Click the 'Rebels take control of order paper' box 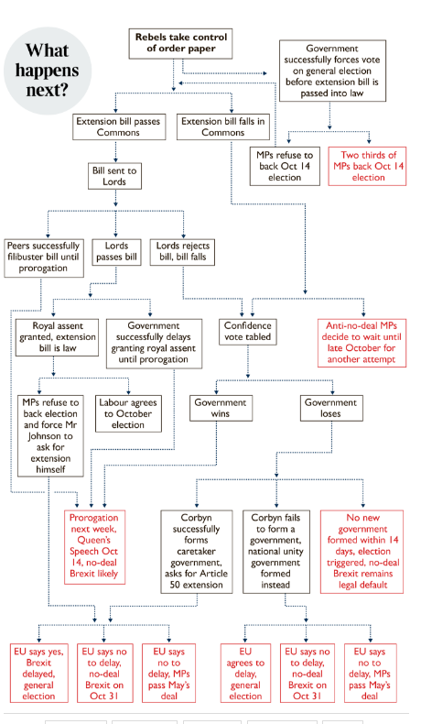click(180, 43)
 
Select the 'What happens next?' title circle click(47, 71)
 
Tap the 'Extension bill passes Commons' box click(118, 127)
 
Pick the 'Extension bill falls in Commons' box click(222, 127)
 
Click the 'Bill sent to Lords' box click(114, 176)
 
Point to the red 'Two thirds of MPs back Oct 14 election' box click(367, 166)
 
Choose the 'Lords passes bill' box click(116, 252)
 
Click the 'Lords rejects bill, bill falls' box click(183, 252)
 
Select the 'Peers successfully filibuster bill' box click(44, 258)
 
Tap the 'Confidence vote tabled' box click(248, 332)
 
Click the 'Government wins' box click(221, 408)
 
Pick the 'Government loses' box click(331, 408)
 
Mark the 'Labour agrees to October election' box click(128, 413)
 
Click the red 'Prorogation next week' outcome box click(94, 547)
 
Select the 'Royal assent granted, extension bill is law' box click(57, 337)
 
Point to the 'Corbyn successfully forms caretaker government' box click(197, 552)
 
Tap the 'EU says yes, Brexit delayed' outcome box click(39, 674)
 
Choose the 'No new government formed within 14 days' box click(362, 552)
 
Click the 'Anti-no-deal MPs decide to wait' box click(362, 343)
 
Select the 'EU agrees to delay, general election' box click(246, 674)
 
